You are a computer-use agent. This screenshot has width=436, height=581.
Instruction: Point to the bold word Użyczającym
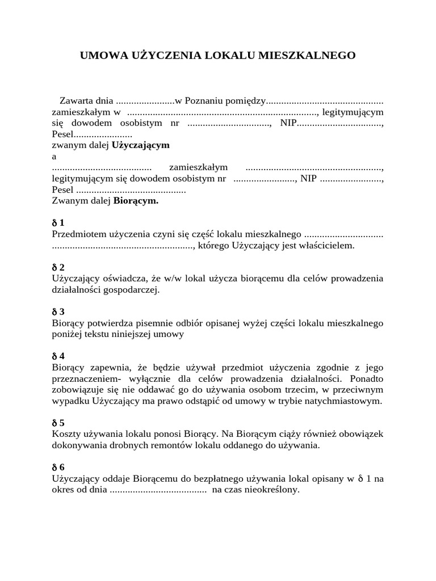click(141, 145)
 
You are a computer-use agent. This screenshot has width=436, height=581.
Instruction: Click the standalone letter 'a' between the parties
click(54, 156)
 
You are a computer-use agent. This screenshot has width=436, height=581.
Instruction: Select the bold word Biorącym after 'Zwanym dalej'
click(136, 200)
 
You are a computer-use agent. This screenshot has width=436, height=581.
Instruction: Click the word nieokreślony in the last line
click(272, 490)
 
